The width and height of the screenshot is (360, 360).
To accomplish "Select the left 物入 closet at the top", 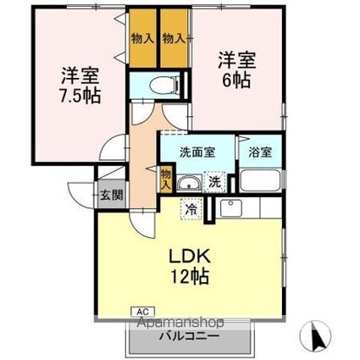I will [x=143, y=39].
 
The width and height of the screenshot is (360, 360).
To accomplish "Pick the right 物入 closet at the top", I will [x=174, y=39].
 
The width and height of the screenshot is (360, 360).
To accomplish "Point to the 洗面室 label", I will [x=197, y=152].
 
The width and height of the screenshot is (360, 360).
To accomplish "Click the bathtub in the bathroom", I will [x=260, y=179].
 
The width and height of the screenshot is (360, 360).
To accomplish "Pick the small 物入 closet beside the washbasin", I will [x=166, y=178].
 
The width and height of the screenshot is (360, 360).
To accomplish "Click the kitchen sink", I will [x=230, y=208].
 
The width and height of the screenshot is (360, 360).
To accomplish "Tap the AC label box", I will [x=141, y=313].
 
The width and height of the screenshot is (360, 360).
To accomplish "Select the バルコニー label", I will [x=192, y=336].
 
